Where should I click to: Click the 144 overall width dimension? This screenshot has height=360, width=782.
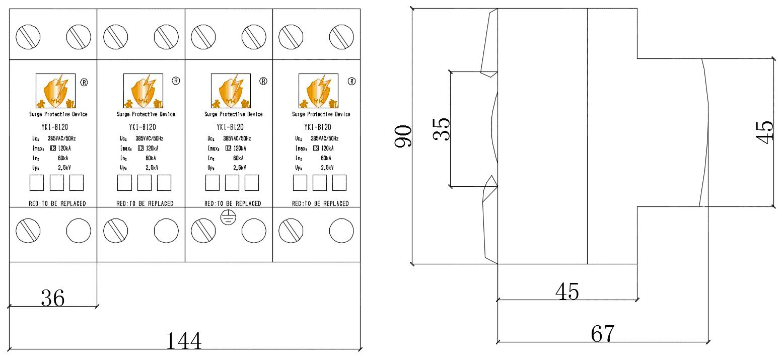pyautogui.click(x=184, y=341)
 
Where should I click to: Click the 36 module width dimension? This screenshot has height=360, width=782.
pyautogui.click(x=53, y=298)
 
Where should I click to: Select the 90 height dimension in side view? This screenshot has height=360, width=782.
pyautogui.click(x=403, y=136)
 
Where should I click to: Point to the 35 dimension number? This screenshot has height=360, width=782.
pyautogui.click(x=442, y=129)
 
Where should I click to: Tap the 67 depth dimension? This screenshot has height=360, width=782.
pyautogui.click(x=603, y=333)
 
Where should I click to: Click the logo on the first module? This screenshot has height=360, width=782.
pyautogui.click(x=55, y=91)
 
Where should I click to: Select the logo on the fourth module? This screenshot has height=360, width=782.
pyautogui.click(x=318, y=91)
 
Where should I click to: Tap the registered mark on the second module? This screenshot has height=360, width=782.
pyautogui.click(x=176, y=81)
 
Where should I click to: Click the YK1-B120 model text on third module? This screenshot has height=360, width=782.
pyautogui.click(x=231, y=127)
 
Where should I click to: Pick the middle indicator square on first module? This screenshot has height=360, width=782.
pyautogui.click(x=56, y=183)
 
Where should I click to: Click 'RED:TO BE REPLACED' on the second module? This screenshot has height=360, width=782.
pyautogui.click(x=145, y=203)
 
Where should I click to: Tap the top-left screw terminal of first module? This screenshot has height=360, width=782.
pyautogui.click(x=28, y=37)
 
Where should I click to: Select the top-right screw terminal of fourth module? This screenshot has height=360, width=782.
pyautogui.click(x=341, y=37)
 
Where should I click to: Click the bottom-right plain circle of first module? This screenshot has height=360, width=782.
pyautogui.click(x=79, y=231)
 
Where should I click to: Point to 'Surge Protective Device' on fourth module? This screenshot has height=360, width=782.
pyautogui.click(x=321, y=114)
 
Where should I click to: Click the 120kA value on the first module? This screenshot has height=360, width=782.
pyautogui.click(x=65, y=148)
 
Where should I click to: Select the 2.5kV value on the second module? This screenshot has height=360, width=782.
pyautogui.click(x=152, y=168)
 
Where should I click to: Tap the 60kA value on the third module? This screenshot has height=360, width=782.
pyautogui.click(x=239, y=158)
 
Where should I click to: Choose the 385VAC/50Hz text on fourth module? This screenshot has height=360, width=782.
pyautogui.click(x=325, y=138)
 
